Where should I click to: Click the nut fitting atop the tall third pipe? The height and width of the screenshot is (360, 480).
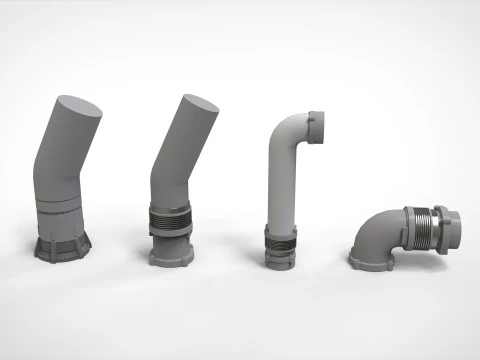[x=319, y=130]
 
